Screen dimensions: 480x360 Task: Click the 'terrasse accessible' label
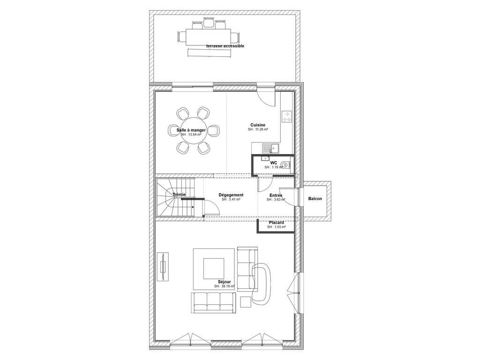point(225,46)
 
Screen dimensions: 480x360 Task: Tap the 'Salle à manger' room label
point(191,130)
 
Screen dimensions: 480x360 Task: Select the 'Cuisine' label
point(258,125)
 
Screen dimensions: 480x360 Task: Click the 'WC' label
point(274,163)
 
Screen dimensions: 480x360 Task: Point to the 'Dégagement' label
point(231,195)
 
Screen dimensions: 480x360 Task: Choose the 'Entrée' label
point(276,195)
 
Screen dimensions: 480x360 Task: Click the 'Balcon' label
point(315,199)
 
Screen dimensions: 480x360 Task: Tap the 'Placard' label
point(276,223)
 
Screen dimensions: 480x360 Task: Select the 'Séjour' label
point(225,282)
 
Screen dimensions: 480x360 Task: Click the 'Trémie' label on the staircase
point(179,195)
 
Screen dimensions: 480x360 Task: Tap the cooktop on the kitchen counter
point(287,117)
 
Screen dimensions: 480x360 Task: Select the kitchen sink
point(270,149)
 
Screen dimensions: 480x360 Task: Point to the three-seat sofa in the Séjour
point(214,303)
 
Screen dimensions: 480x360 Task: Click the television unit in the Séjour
point(163,266)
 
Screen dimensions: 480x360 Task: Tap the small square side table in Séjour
point(246,302)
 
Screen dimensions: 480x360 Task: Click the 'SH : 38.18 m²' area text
point(225,286)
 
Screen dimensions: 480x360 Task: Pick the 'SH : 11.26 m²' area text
point(258,129)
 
